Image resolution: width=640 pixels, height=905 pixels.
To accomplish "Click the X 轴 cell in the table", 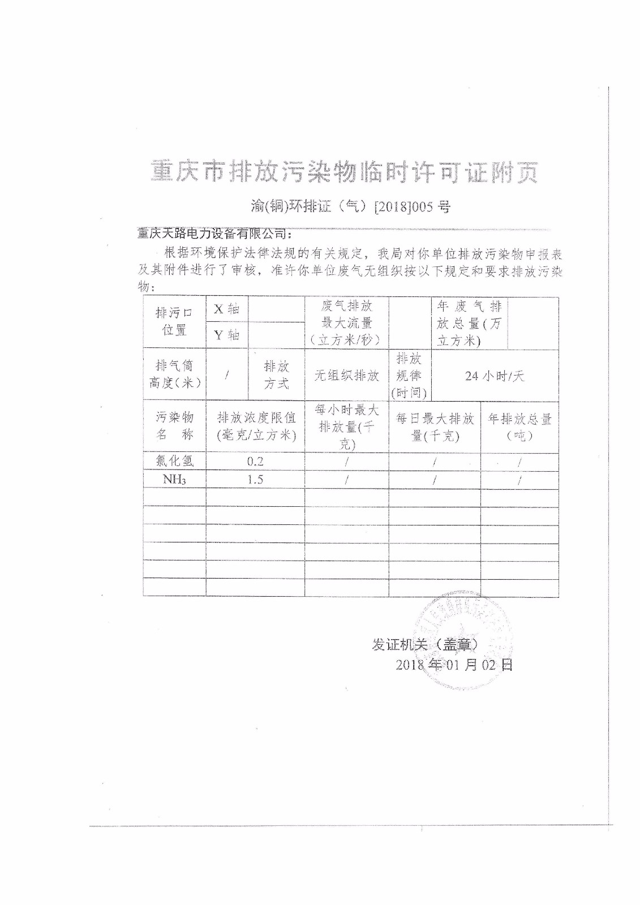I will pyautogui.click(x=226, y=309).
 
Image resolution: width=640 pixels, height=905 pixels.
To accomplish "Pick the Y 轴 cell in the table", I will pyautogui.click(x=226, y=335).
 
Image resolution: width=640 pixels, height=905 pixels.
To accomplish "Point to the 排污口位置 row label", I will pyautogui.click(x=174, y=321).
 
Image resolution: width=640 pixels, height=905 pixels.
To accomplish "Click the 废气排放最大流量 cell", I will pyautogui.click(x=346, y=322).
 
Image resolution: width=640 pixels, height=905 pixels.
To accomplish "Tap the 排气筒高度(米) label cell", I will pyautogui.click(x=174, y=374).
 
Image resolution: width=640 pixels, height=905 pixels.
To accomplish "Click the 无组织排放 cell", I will pyautogui.click(x=346, y=376).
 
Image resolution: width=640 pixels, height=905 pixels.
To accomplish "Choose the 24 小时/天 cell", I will pyautogui.click(x=494, y=376).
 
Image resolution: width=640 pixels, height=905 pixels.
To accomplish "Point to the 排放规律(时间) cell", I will pyautogui.click(x=409, y=376).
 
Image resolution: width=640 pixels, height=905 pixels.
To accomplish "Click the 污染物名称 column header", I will pyautogui.click(x=174, y=426).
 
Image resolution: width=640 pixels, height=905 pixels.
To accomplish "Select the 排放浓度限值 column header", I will pyautogui.click(x=256, y=426).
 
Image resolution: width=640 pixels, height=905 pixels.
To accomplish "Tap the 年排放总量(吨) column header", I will pyautogui.click(x=519, y=427).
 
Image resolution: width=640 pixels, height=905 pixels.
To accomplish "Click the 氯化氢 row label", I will pyautogui.click(x=174, y=462).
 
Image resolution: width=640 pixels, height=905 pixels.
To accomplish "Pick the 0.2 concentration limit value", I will pyautogui.click(x=255, y=462).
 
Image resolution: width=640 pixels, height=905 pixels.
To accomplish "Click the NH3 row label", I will pyautogui.click(x=174, y=480).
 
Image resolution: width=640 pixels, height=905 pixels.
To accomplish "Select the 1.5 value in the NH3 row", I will pyautogui.click(x=255, y=480).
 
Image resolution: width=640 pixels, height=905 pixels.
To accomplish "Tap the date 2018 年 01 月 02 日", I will pyautogui.click(x=454, y=664).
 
